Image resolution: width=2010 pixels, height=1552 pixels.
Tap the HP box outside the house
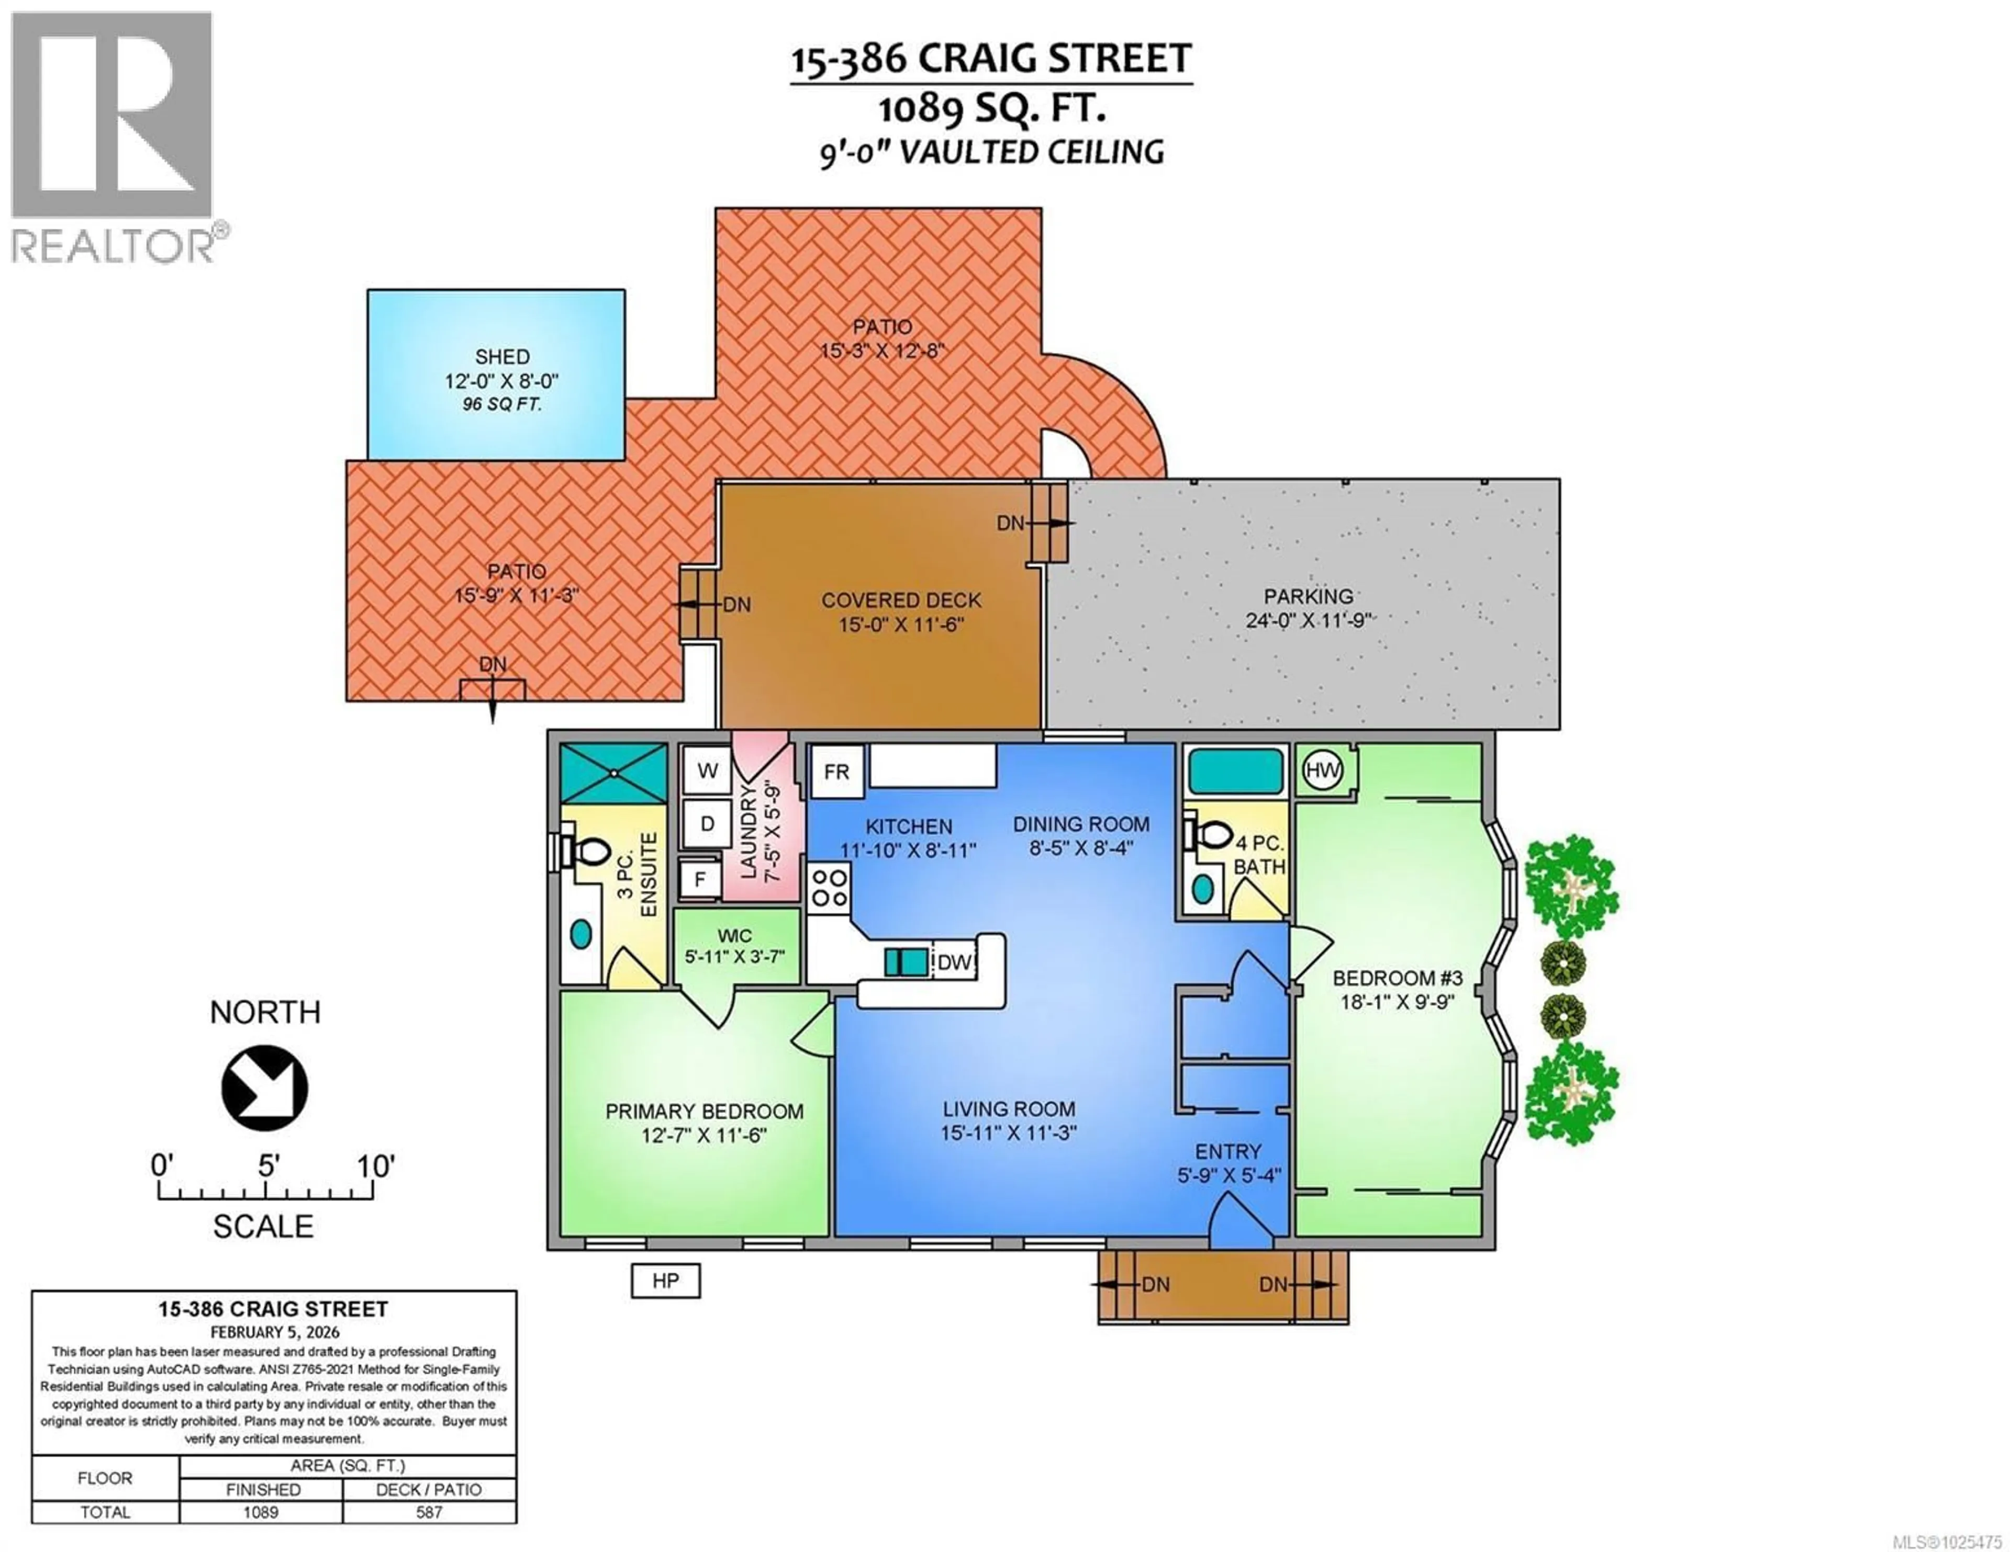(665, 1281)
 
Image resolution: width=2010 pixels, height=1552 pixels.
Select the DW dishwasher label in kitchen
(954, 962)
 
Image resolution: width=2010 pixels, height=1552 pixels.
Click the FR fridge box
(836, 772)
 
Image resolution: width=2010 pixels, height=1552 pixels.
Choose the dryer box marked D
(707, 823)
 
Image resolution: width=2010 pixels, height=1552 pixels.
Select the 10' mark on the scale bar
(375, 1166)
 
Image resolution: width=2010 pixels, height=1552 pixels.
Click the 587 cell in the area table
(429, 1512)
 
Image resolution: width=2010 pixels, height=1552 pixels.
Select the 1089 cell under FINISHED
(261, 1512)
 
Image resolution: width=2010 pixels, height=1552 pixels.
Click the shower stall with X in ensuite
(613, 773)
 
